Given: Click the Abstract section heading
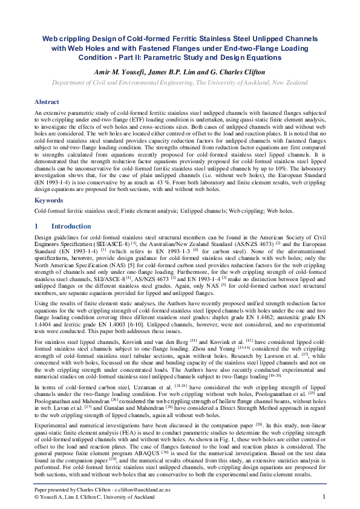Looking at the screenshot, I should click(47, 102).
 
